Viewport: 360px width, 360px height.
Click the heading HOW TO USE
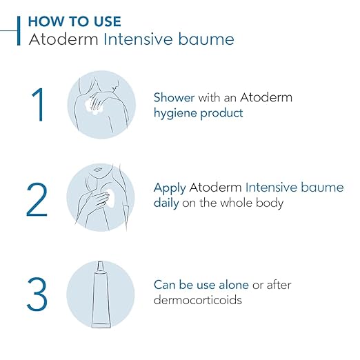pos(74,21)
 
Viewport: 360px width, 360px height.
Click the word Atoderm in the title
pos(63,39)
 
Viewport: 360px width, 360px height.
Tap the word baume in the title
pos(206,39)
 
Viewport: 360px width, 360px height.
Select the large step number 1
pos(38,104)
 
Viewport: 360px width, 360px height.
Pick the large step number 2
pos(37,199)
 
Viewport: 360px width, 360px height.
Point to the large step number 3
pos(37,294)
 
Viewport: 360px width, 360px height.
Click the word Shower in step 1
pos(174,97)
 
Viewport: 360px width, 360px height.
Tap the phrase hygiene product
pos(198,114)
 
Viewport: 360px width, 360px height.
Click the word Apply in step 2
pos(170,188)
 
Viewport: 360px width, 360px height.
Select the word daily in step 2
pos(166,203)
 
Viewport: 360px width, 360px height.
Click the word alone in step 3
pos(234,285)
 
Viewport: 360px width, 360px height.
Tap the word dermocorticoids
pos(198,300)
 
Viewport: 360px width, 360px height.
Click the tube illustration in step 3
pos(101,294)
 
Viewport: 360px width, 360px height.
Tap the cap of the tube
pos(101,266)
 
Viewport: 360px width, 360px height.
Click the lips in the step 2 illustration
pos(97,170)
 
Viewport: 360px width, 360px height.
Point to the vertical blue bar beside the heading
pos(19,31)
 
